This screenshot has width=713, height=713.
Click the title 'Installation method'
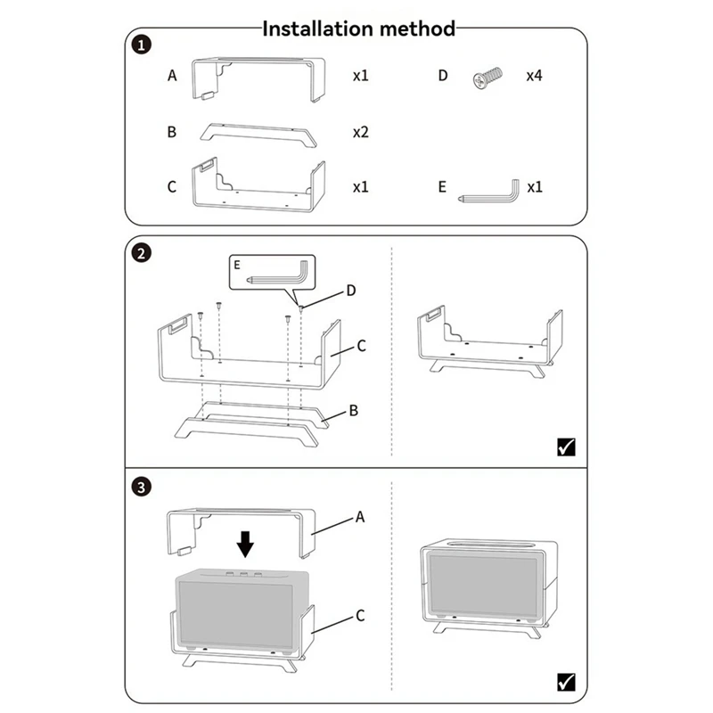tap(358, 29)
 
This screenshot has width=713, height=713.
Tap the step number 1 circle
tap(141, 44)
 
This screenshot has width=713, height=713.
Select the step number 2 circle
tap(141, 253)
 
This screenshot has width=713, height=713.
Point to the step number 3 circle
tap(141, 488)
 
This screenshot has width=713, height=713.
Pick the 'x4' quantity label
tap(534, 76)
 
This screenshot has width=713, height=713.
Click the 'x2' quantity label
tap(360, 132)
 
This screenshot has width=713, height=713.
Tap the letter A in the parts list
tap(172, 76)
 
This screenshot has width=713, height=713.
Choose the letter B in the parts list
tap(172, 132)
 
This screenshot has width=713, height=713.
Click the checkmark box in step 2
tap(565, 447)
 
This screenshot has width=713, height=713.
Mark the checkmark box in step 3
tap(565, 682)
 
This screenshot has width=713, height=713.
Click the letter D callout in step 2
tap(350, 291)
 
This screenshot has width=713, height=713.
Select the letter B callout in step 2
tap(353, 411)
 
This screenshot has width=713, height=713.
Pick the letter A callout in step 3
tap(360, 516)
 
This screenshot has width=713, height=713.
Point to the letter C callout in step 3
tap(360, 615)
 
